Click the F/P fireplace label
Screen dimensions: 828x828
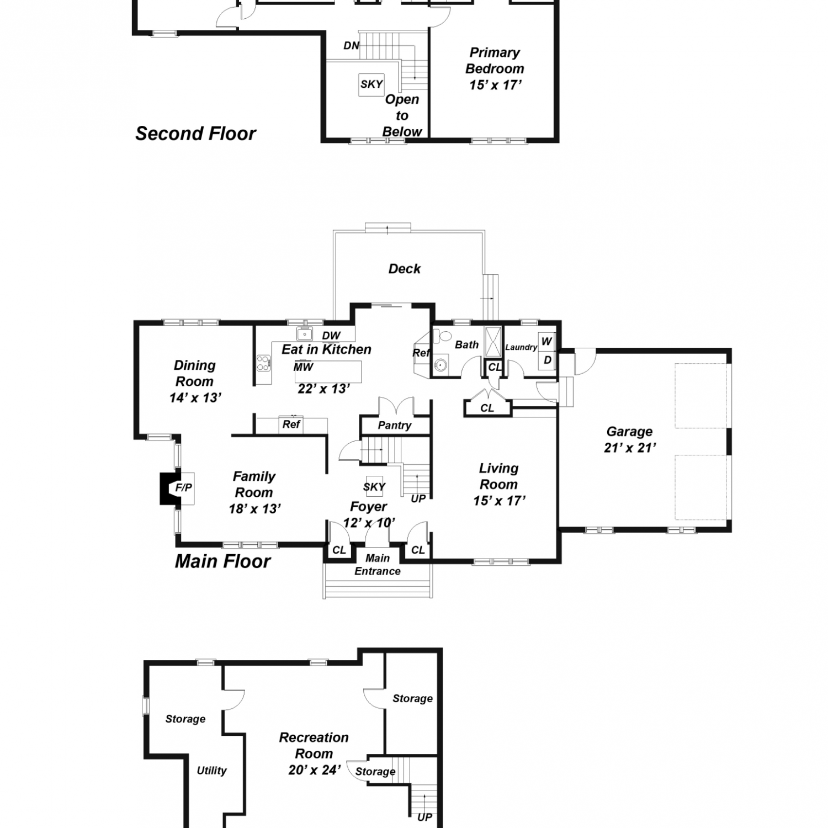tap(184, 487)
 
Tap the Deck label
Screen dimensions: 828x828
tap(405, 269)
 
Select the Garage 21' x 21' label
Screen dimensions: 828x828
tap(630, 439)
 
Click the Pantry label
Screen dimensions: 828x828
tap(395, 426)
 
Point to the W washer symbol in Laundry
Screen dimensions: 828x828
tap(546, 341)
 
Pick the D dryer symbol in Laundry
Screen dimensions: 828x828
tap(547, 360)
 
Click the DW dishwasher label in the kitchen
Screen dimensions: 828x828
tap(331, 336)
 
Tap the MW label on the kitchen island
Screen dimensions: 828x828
tap(303, 367)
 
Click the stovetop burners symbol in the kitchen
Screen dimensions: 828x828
tap(263, 363)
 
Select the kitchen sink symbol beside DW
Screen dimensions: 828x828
tap(304, 335)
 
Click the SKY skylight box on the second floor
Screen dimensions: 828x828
tap(371, 84)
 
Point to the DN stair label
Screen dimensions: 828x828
tap(352, 46)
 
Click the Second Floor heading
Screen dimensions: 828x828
tap(196, 134)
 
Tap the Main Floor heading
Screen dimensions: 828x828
tap(223, 561)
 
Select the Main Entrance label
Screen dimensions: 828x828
tap(378, 565)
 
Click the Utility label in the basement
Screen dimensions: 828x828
tap(212, 771)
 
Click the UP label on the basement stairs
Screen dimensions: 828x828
tap(424, 817)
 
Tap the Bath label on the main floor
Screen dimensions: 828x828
tap(467, 345)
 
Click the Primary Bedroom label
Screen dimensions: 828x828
tap(495, 61)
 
